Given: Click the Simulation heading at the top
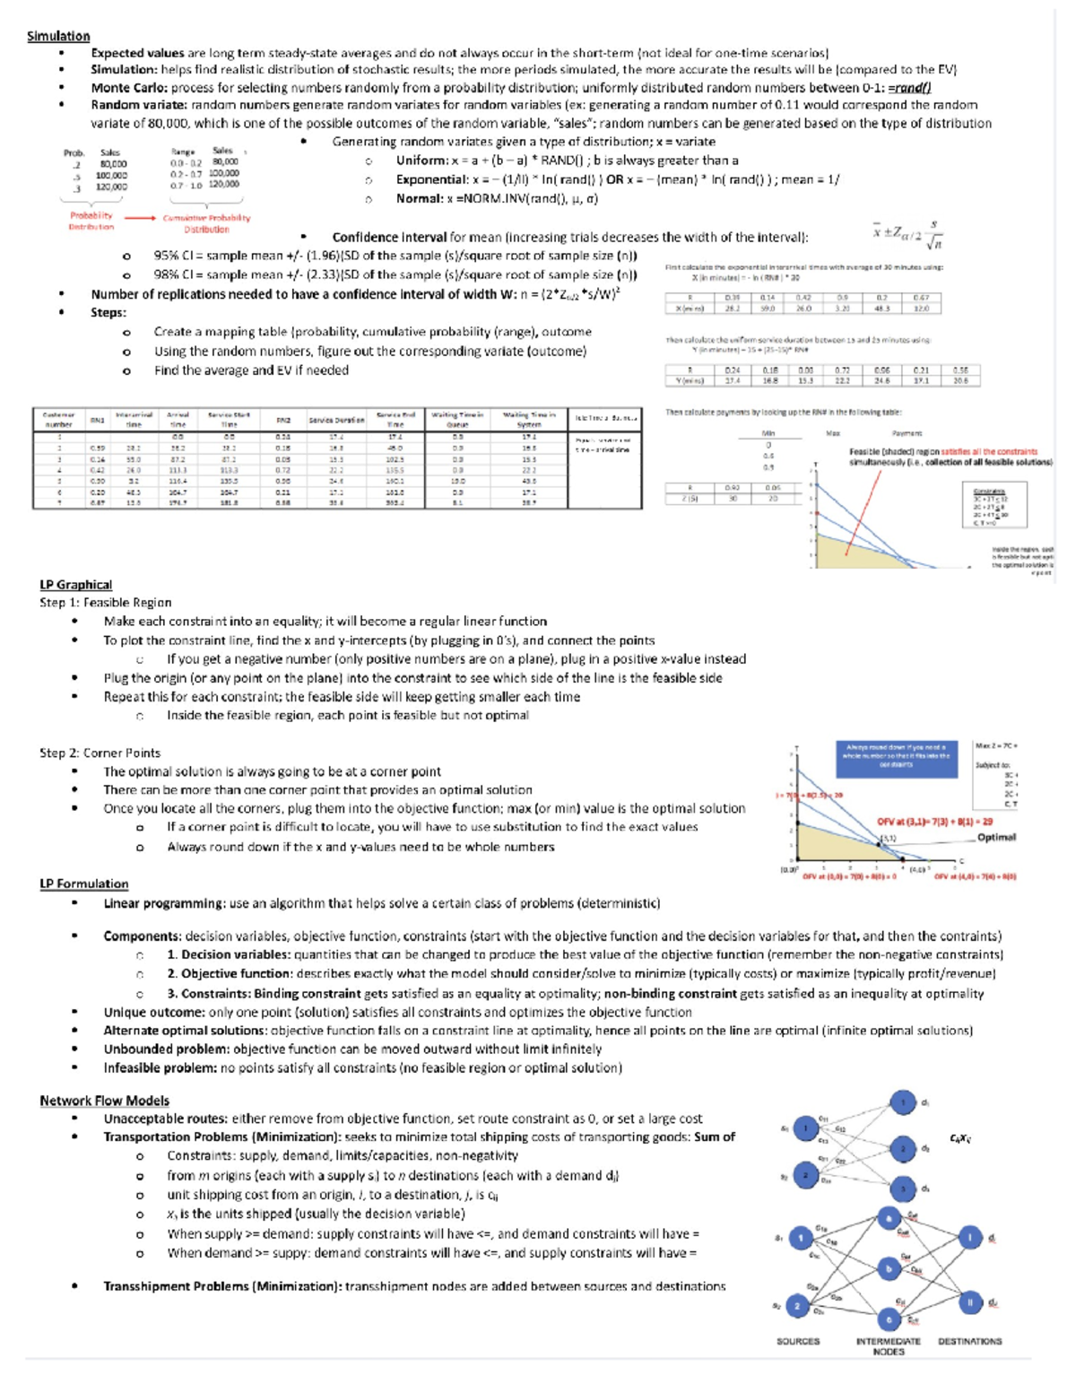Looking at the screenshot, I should [58, 36].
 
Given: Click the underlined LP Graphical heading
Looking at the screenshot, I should [75, 584].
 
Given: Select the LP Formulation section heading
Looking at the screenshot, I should [83, 884].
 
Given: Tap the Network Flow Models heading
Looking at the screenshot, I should [104, 1101].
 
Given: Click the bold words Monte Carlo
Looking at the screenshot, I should [128, 88].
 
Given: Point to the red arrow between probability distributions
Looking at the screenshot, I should [139, 218].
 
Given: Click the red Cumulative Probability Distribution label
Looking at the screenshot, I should [206, 223].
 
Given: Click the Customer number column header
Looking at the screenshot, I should [59, 419].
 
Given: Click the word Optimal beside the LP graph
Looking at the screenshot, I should [996, 837].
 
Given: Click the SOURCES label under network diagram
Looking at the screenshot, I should [798, 1341].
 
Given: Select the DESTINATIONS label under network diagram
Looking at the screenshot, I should [969, 1341].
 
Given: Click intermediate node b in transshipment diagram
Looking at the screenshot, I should [888, 1268].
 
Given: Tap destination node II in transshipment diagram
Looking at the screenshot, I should [969, 1302].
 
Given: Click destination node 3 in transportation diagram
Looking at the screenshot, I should [903, 1188].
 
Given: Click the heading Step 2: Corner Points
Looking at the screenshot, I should [100, 753].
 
